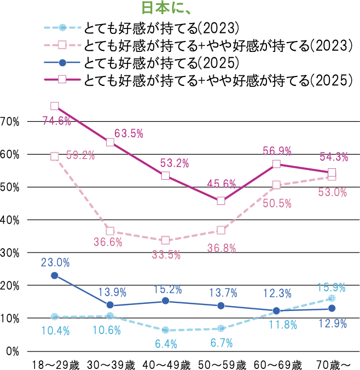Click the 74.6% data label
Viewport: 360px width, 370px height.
(x=57, y=121)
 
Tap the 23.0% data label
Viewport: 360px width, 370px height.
(x=55, y=263)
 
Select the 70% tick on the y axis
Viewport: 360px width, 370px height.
(x=10, y=121)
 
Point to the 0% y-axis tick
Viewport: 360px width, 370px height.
(x=13, y=351)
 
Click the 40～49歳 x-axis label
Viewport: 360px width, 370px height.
(x=166, y=365)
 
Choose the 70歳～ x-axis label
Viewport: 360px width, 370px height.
(x=333, y=365)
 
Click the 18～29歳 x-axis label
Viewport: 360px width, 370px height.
(x=55, y=365)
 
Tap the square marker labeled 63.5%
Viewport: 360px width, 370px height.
(x=110, y=143)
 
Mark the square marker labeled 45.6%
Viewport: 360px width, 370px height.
(x=221, y=201)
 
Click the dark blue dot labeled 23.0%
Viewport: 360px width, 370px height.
(x=55, y=275)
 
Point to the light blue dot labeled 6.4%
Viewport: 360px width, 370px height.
(x=165, y=330)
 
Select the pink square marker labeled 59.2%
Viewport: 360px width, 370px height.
(x=55, y=156)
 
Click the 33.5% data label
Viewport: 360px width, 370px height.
(x=166, y=254)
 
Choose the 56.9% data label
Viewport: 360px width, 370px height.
(x=277, y=151)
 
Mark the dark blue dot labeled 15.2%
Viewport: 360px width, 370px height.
(x=165, y=301)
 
